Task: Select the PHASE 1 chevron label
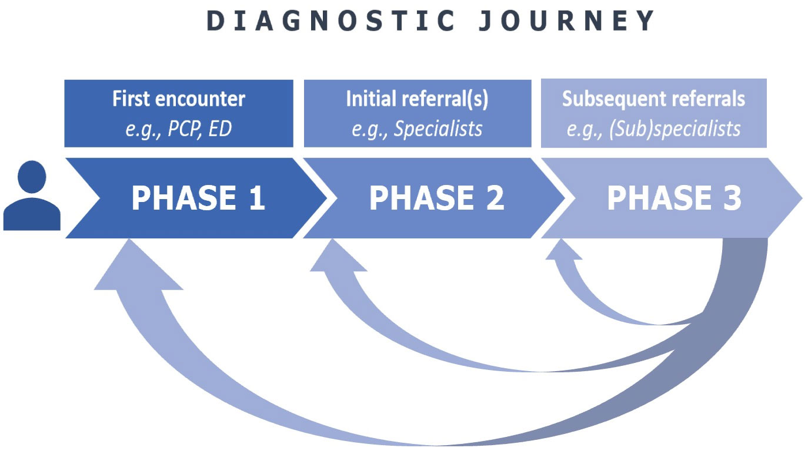198,198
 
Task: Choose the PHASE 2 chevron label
436,198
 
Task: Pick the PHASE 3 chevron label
674,198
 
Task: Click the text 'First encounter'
179,99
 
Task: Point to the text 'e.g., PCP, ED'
179,129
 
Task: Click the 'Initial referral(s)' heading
417,99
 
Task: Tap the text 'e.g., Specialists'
417,129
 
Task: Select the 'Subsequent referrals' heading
653,99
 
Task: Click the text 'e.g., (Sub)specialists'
653,129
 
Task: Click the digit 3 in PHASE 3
732,198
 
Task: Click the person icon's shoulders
32,214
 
